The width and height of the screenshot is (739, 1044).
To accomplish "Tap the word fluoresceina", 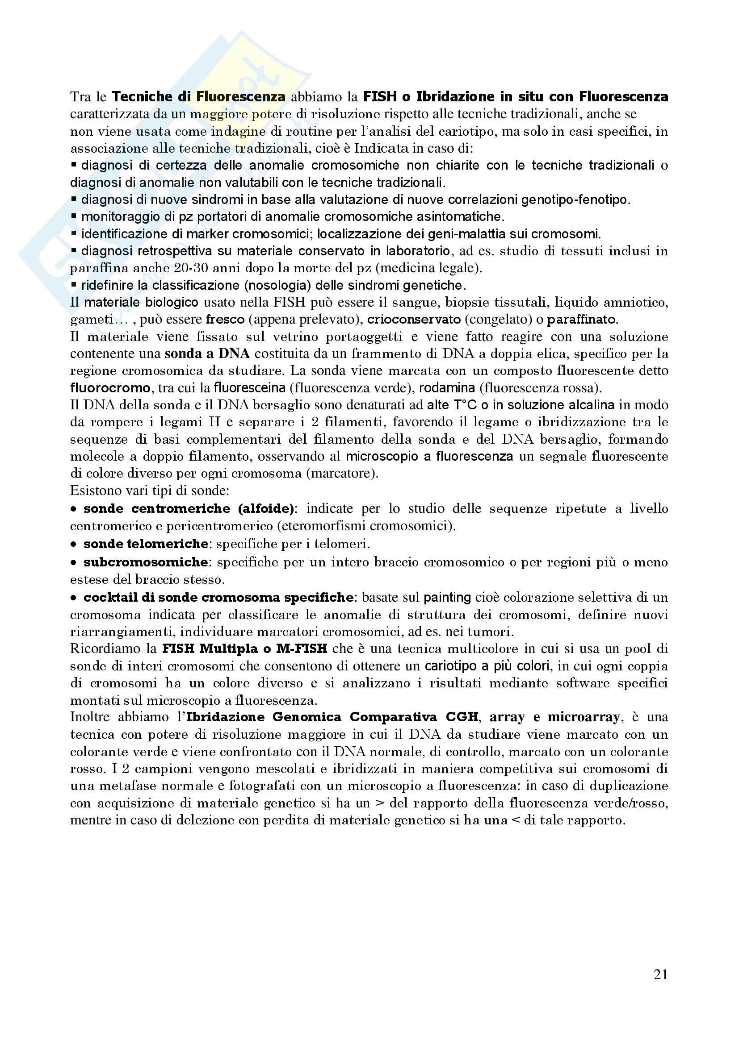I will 249,388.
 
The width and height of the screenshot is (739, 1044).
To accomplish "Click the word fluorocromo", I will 110,388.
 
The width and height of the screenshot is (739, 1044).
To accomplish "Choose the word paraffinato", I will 582,319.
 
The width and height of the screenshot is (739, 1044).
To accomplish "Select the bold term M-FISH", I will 301,649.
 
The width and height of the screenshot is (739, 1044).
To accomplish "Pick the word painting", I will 447,598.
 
